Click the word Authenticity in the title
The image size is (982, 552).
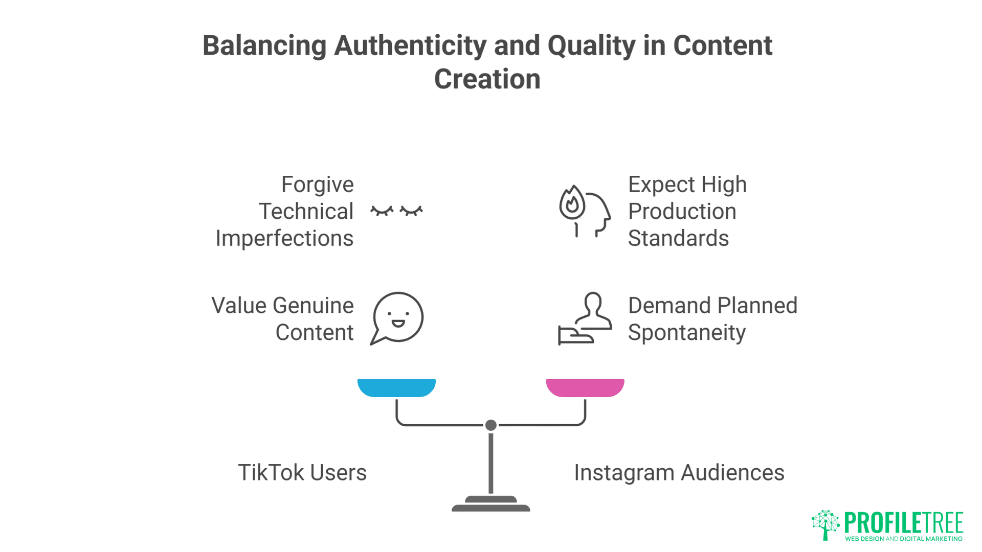[410, 45]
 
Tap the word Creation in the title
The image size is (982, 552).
[487, 79]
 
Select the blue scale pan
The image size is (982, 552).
[396, 387]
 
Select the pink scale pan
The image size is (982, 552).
[585, 387]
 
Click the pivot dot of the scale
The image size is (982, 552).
[491, 425]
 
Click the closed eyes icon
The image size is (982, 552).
[397, 211]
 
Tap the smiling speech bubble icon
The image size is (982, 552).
[397, 318]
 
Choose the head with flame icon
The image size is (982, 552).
[584, 211]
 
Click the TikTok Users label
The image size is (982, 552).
[302, 473]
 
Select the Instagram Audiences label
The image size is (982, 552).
[679, 473]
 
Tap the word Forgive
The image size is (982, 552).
[317, 185]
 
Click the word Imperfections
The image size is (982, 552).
[284, 239]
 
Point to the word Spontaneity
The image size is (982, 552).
[686, 333]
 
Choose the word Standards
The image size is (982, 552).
[678, 239]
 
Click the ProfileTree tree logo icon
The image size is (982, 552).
[825, 524]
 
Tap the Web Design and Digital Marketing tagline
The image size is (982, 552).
[903, 539]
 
